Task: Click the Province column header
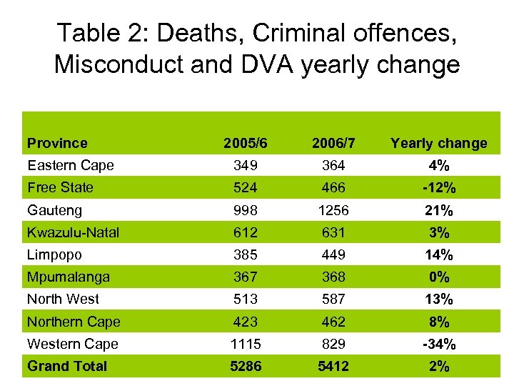click(x=57, y=143)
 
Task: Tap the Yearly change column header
click(x=438, y=143)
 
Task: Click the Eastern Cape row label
click(x=71, y=165)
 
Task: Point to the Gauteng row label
click(x=54, y=210)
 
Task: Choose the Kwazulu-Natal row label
click(x=73, y=232)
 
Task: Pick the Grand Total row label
click(x=67, y=366)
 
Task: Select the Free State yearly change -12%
click(x=438, y=188)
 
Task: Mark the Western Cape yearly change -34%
click(x=438, y=344)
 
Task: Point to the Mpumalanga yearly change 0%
click(x=438, y=277)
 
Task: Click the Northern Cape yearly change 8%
click(x=438, y=322)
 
